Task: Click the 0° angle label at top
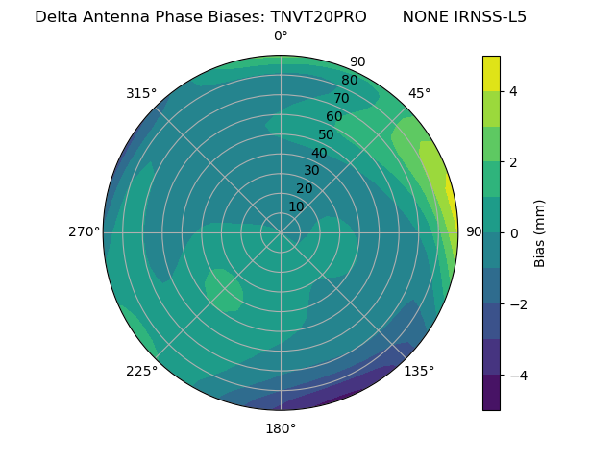[x=281, y=36]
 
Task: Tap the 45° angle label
[x=419, y=93]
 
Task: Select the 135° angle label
[x=419, y=371]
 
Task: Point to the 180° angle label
[x=281, y=428]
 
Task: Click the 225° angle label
[x=141, y=372]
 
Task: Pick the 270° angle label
[x=84, y=231]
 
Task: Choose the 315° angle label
[x=141, y=93]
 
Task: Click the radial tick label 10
[x=296, y=206]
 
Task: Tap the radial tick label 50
[x=327, y=135]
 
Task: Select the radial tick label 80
[x=349, y=81]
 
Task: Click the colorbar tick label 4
[x=513, y=91]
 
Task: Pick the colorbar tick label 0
[x=513, y=233]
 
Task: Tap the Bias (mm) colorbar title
[x=540, y=233]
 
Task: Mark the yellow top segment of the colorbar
[x=491, y=73]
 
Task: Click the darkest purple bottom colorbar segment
[x=491, y=393]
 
